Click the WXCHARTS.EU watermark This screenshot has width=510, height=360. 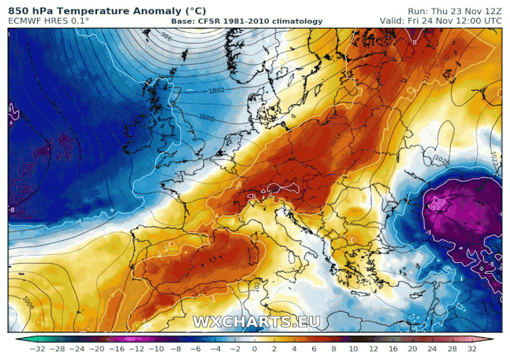pyautogui.click(x=256, y=322)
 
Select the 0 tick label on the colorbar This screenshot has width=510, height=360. pyautogui.click(x=255, y=349)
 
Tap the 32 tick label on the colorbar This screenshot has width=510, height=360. pyautogui.click(x=471, y=349)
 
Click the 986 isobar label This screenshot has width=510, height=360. pyautogui.click(x=165, y=36)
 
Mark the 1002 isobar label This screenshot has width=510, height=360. pyautogui.click(x=216, y=91)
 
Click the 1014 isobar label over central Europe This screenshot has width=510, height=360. pyautogui.click(x=336, y=140)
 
